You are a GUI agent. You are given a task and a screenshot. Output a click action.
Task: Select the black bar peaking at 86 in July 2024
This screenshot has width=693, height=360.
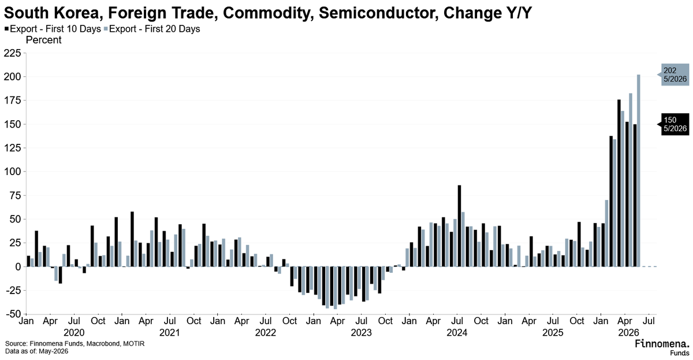tap(460, 226)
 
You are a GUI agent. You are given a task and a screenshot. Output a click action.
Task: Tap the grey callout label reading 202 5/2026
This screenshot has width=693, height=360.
tap(675, 75)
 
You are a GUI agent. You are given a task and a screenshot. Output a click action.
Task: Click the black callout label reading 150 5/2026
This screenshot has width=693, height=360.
tap(675, 124)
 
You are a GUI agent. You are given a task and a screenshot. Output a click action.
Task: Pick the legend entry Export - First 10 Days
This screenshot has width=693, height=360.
tap(53, 29)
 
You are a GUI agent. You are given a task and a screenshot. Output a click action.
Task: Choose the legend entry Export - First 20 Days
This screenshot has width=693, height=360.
tap(152, 29)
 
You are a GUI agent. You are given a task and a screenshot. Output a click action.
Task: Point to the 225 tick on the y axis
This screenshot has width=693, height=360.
tap(12, 53)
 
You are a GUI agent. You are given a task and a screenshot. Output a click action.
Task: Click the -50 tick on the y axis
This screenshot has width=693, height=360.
tap(12, 314)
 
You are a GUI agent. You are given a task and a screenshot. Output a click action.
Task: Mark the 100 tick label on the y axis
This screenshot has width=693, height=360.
tap(12, 172)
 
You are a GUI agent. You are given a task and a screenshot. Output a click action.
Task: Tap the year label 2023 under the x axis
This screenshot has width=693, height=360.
tap(361, 333)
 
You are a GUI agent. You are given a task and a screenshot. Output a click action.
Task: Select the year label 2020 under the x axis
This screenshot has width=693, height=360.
tap(74, 333)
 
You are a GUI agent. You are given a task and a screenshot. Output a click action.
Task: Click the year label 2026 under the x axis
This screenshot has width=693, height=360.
tap(628, 333)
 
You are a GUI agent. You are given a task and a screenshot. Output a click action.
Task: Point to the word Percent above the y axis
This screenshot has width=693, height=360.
tap(44, 40)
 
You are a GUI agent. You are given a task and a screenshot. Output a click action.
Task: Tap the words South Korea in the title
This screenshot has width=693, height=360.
tap(53, 13)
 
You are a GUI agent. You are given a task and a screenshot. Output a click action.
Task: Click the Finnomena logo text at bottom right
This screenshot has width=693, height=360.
tap(662, 344)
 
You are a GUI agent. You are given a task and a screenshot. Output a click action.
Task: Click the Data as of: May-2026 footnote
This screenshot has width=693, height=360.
tap(36, 351)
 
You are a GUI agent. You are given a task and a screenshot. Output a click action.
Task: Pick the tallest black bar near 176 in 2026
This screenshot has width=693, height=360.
tap(619, 183)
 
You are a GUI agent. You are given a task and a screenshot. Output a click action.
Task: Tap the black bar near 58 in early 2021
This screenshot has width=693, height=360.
tap(132, 239)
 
